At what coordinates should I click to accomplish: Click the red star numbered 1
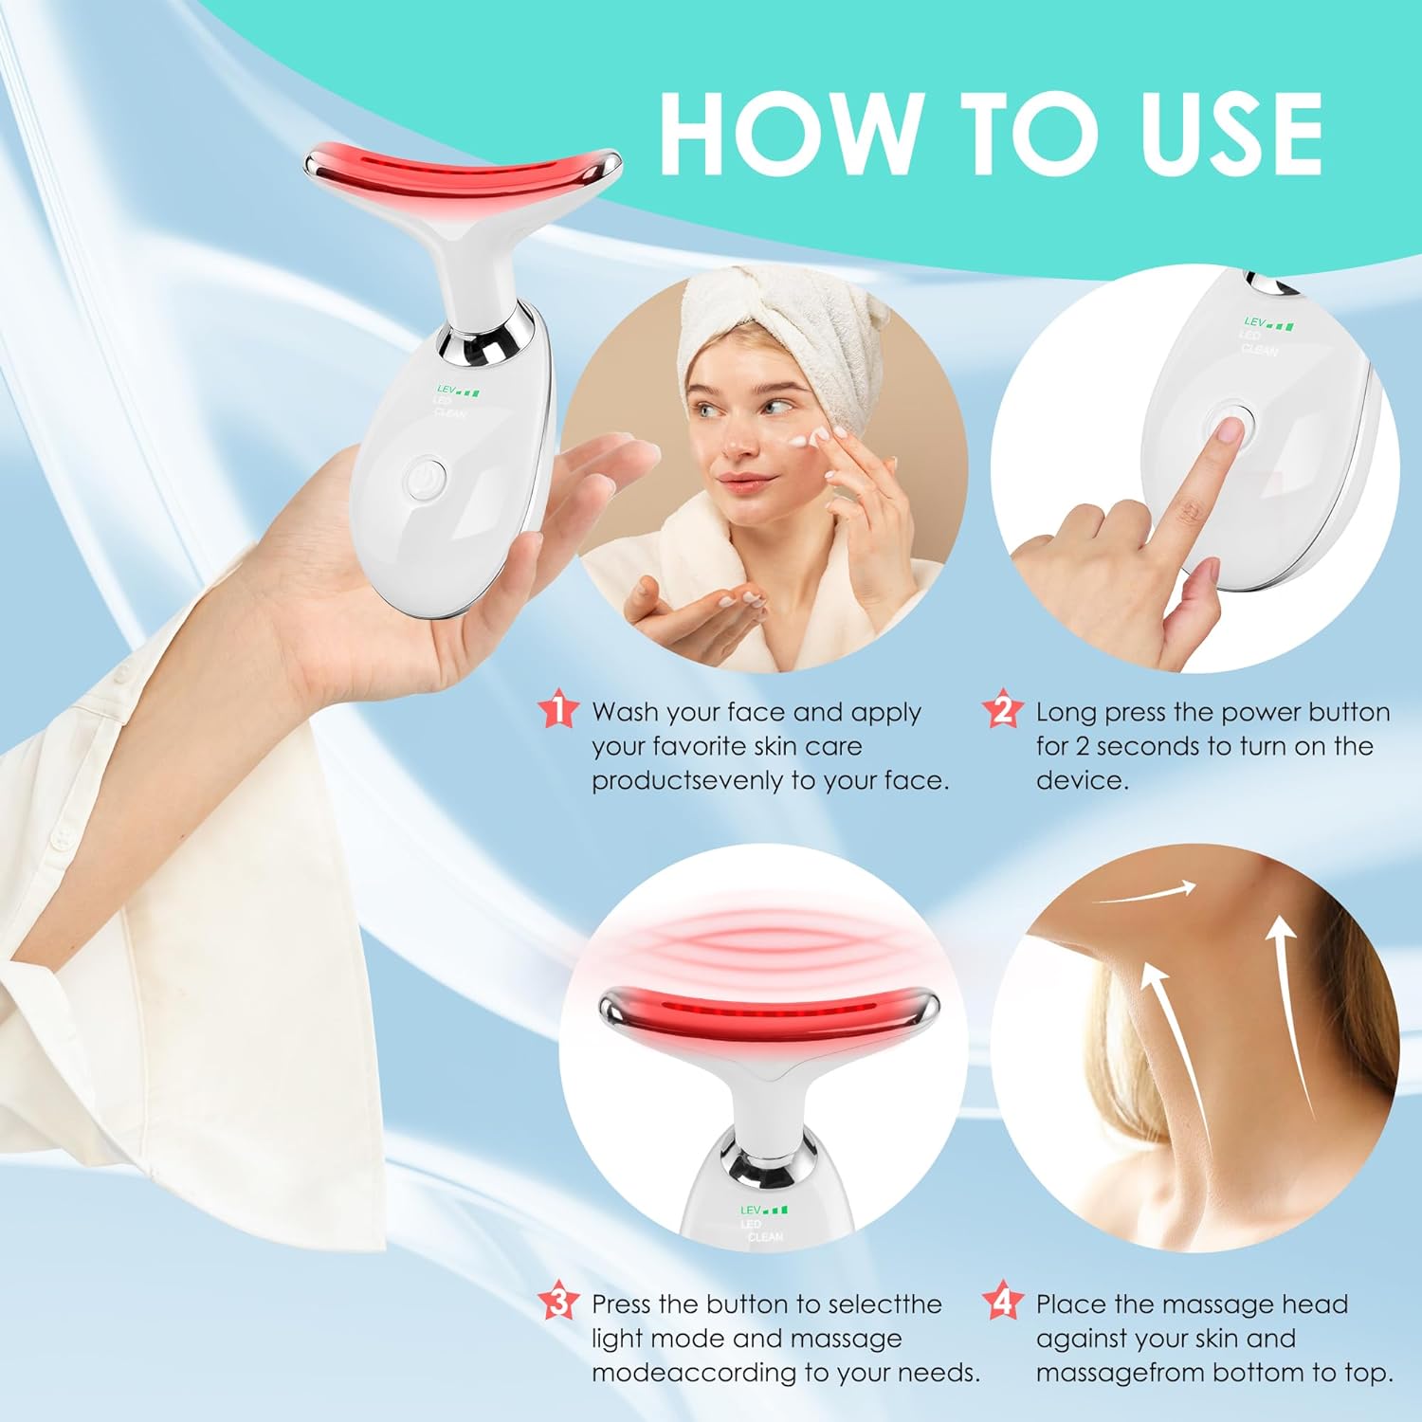pos(557,709)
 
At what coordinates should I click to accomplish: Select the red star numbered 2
pos(1002,709)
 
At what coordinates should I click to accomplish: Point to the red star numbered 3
pos(557,1302)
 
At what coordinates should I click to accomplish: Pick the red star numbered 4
pos(1002,1301)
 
